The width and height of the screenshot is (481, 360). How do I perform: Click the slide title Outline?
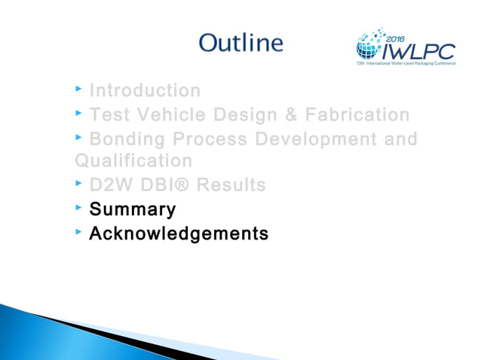(241, 42)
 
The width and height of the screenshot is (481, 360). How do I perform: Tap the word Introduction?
(145, 91)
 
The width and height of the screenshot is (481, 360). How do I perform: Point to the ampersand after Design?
(282, 115)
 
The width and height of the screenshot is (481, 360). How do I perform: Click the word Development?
(312, 139)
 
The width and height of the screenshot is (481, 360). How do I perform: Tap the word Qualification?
(133, 160)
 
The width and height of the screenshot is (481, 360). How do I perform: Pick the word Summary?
(132, 209)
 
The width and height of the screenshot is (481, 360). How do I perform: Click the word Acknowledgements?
(178, 233)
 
